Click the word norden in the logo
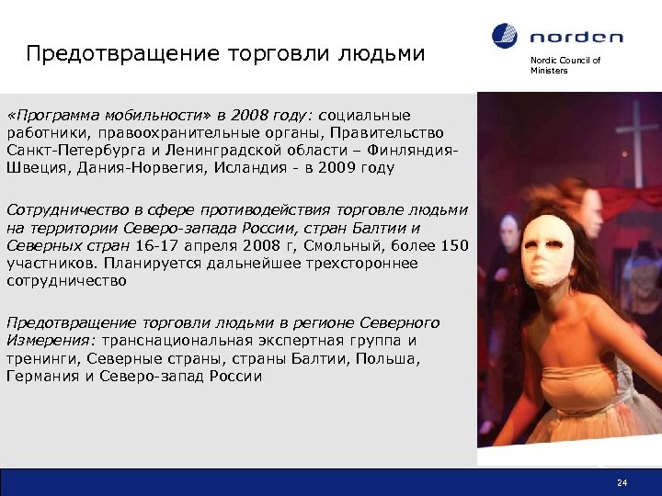pyautogui.click(x=576, y=38)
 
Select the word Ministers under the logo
pyautogui.click(x=549, y=71)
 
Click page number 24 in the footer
pyautogui.click(x=622, y=483)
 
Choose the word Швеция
pyautogui.click(x=32, y=168)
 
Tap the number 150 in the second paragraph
pyautogui.click(x=453, y=245)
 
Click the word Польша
pyautogui.click(x=385, y=358)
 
